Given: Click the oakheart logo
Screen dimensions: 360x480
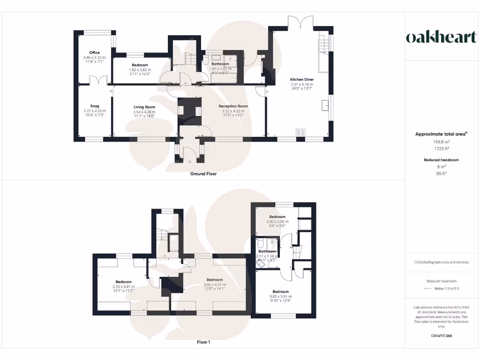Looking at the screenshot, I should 441,37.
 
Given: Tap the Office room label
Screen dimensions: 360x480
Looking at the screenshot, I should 95,52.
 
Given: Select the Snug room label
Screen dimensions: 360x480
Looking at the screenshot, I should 95,106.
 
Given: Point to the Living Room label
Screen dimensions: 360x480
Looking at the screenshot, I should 144,107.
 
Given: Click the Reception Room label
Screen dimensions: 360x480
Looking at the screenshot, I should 233,106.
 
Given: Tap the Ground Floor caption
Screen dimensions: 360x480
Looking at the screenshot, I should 203,173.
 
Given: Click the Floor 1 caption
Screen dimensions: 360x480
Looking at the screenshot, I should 203,342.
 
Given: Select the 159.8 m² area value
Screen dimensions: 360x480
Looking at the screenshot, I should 441,142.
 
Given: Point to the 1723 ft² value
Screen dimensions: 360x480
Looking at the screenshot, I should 441,148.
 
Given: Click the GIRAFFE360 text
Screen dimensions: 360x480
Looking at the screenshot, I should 441,336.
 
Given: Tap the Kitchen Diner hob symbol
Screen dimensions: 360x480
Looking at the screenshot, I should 300,133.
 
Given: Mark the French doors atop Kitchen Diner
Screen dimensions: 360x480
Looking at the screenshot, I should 300,22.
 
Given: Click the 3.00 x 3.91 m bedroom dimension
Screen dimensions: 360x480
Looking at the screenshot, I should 280,296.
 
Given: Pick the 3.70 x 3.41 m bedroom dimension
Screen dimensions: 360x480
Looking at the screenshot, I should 123,287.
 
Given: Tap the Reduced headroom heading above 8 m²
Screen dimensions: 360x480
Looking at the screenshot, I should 441,160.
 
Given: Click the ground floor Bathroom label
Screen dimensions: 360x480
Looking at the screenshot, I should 220,64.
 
